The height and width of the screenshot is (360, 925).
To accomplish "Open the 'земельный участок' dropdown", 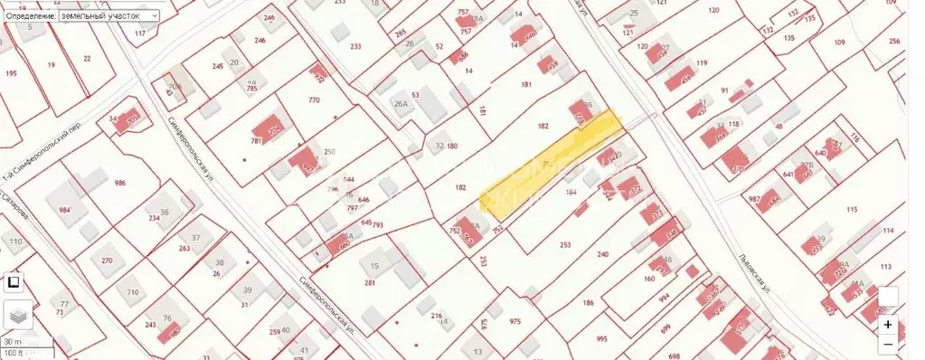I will click(106, 16).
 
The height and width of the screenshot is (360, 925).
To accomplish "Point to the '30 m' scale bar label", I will click(13, 341).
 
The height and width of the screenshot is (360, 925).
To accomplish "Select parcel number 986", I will click(119, 183).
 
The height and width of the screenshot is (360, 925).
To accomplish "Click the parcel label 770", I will click(314, 99).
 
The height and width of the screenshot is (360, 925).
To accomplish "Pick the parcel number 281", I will click(369, 283).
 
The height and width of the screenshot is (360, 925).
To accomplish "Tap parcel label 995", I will click(600, 339).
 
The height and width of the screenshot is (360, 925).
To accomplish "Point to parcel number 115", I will click(850, 209).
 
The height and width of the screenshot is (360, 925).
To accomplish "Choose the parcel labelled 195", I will click(11, 72).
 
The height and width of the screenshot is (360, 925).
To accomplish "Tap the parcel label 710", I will click(133, 292).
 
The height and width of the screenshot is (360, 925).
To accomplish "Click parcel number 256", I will click(894, 42).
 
